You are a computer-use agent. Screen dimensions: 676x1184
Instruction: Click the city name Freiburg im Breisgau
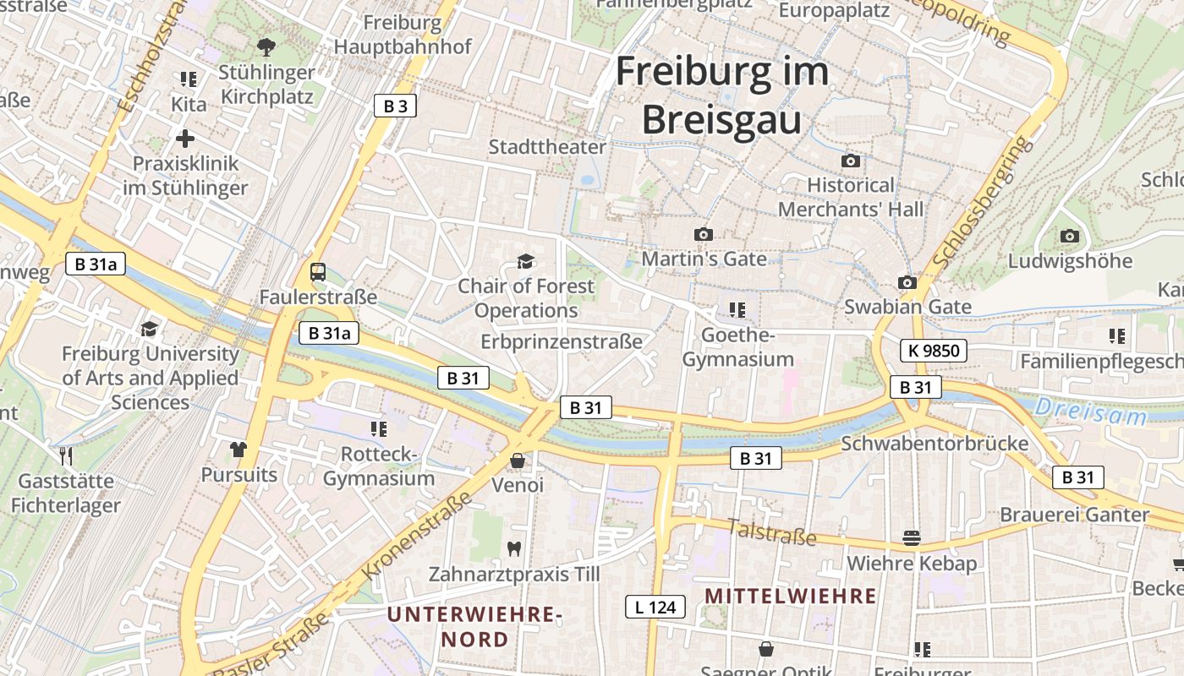[x=721, y=95]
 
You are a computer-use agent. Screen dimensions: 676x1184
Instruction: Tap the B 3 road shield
[x=395, y=106]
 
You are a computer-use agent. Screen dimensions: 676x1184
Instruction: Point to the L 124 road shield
[x=655, y=606]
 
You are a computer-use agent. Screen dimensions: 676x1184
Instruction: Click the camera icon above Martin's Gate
[x=703, y=234]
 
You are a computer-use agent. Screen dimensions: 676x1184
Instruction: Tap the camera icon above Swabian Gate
[x=907, y=282]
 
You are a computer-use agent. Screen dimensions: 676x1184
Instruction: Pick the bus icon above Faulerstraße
[x=318, y=272]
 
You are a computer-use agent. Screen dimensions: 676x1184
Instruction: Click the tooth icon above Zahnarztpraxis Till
[x=513, y=548]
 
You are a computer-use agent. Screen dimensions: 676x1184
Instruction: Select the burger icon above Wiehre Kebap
[x=912, y=537]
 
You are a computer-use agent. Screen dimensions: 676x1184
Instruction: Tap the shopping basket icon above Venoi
[x=517, y=461]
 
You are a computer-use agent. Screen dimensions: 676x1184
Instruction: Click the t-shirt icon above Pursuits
[x=238, y=449]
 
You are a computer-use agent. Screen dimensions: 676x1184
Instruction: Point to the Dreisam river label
[x=1091, y=412]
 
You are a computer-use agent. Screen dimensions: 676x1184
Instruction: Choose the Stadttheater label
[x=547, y=147]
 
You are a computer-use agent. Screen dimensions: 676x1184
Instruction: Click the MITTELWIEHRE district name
[x=790, y=596]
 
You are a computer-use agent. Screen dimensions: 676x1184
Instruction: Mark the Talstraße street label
[x=771, y=532]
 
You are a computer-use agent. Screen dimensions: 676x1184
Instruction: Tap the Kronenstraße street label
[x=419, y=537]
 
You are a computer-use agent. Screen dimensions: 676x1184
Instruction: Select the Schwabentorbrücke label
[x=935, y=444]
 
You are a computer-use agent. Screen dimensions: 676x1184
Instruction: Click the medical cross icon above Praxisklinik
[x=185, y=138]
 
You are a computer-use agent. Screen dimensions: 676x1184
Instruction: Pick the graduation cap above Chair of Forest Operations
[x=526, y=261]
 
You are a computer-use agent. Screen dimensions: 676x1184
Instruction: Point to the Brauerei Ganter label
[x=1074, y=515]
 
